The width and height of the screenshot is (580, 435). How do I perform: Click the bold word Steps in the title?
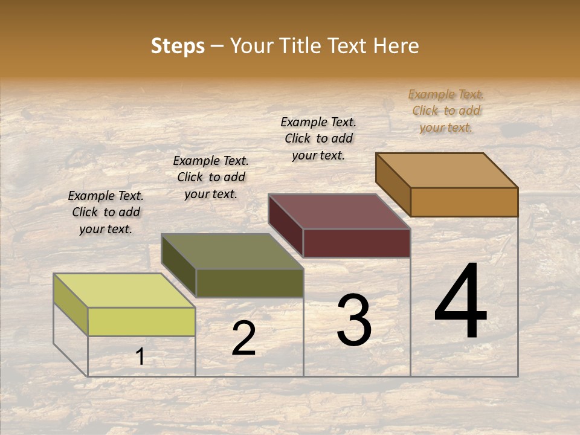point(178,46)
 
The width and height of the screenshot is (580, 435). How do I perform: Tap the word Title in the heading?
point(302,46)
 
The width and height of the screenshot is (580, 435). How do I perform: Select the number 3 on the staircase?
point(354,320)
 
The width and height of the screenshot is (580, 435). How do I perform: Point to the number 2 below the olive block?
point(243,338)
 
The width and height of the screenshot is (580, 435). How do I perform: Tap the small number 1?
point(140,356)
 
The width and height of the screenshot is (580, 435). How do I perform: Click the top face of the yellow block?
point(124,290)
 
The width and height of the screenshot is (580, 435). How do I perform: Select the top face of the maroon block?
point(339,211)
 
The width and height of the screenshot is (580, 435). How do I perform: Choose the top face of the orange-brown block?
point(446,170)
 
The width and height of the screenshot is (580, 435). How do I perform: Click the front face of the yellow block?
point(141,321)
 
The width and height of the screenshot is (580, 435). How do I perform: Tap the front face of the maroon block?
point(356,243)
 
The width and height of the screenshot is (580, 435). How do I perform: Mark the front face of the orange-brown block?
point(464,202)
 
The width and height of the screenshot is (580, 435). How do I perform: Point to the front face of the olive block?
point(249,283)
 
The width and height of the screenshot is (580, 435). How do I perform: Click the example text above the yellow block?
point(106,212)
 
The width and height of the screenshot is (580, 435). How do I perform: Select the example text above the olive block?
point(211,177)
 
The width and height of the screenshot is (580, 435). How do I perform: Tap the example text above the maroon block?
point(318,138)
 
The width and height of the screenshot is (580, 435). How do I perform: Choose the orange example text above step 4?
point(446,111)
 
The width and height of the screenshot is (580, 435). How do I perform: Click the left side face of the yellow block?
point(71,304)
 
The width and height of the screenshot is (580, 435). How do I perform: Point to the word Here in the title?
point(396,46)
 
